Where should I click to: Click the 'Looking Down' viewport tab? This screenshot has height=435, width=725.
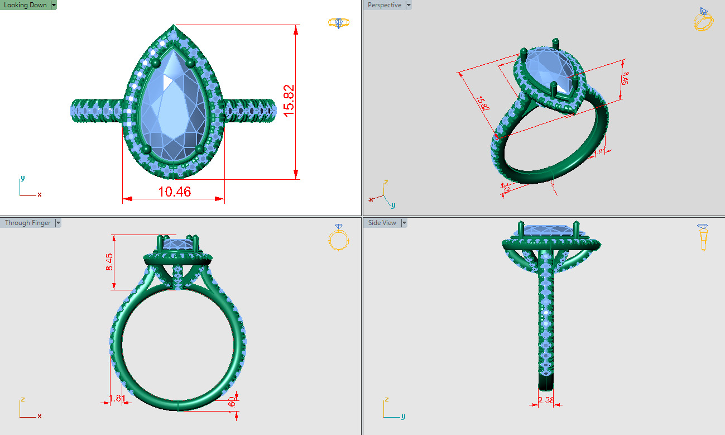(x=25, y=5)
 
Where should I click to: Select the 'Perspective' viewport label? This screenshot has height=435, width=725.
(x=384, y=5)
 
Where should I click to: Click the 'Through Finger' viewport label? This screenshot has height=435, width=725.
(x=27, y=223)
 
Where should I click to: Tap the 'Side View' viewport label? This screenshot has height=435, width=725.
(x=382, y=223)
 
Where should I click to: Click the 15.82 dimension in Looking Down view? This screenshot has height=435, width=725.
(x=289, y=101)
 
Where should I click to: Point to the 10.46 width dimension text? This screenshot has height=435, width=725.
(x=174, y=192)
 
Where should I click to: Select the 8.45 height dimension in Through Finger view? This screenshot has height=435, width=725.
(x=109, y=261)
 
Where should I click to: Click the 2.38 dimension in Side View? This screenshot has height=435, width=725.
(x=546, y=400)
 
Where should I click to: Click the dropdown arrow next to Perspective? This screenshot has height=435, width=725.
(x=409, y=5)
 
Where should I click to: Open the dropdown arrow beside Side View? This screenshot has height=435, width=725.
(x=404, y=223)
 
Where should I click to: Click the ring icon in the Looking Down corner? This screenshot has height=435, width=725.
(x=339, y=23)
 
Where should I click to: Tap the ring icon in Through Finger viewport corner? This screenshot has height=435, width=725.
(x=338, y=237)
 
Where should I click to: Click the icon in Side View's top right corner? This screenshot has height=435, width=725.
(x=703, y=237)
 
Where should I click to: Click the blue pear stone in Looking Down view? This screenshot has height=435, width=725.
(x=173, y=106)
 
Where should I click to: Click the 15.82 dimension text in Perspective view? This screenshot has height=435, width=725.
(x=483, y=103)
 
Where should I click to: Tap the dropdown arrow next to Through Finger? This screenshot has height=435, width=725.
(x=57, y=223)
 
